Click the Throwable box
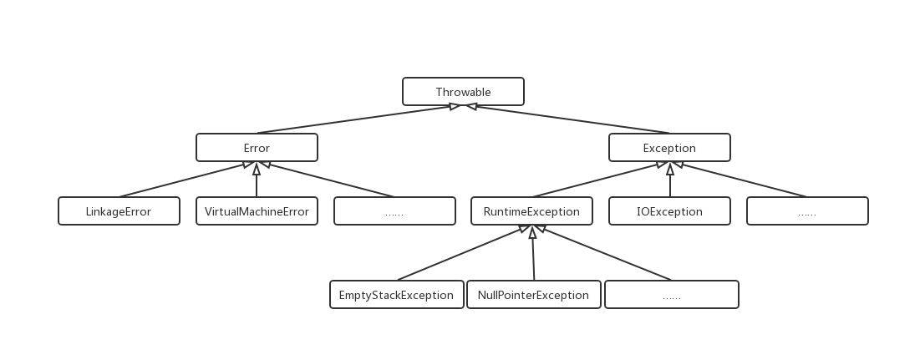(463, 92)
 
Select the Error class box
(257, 149)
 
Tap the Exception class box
(669, 149)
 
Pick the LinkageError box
(119, 211)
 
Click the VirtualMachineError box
(257, 211)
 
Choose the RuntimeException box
(531, 211)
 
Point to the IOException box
(669, 211)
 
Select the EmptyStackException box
(396, 295)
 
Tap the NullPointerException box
(533, 295)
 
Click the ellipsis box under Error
(394, 211)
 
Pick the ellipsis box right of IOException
(807, 211)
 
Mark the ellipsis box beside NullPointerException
(671, 295)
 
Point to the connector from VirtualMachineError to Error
(257, 182)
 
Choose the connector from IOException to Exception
(669, 182)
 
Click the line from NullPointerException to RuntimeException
(532, 256)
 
